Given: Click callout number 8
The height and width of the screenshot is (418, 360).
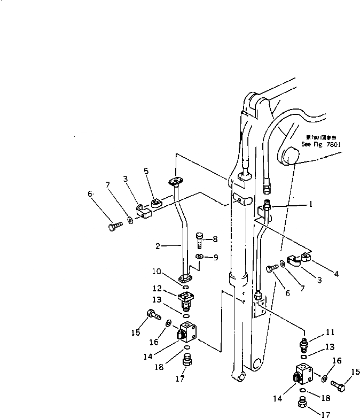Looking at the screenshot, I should [216, 239].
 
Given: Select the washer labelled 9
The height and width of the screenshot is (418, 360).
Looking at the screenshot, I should [199, 258].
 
